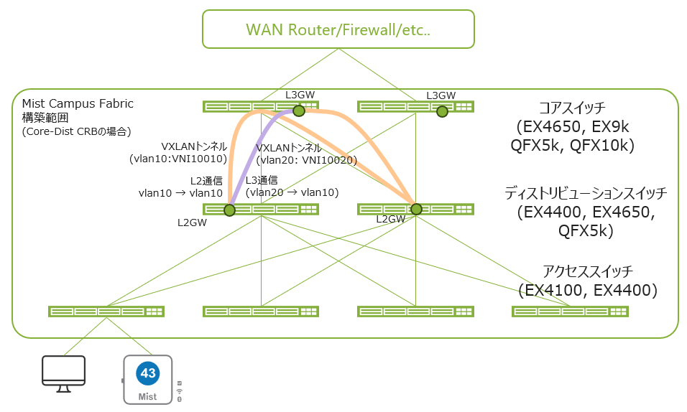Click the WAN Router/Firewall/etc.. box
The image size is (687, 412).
click(338, 29)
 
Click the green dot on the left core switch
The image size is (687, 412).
click(299, 111)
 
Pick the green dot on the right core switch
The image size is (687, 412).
click(442, 111)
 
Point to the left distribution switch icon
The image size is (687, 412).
click(261, 210)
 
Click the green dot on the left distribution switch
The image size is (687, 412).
click(229, 210)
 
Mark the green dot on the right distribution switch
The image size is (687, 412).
click(416, 209)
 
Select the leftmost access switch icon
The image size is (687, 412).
click(106, 312)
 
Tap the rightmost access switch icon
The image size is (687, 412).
click(570, 312)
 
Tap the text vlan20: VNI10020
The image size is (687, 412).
click(306, 160)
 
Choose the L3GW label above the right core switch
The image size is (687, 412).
click(441, 95)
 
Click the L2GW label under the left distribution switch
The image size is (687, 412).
click(192, 223)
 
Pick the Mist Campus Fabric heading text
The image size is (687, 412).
click(78, 103)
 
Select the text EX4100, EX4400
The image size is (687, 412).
click(589, 290)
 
